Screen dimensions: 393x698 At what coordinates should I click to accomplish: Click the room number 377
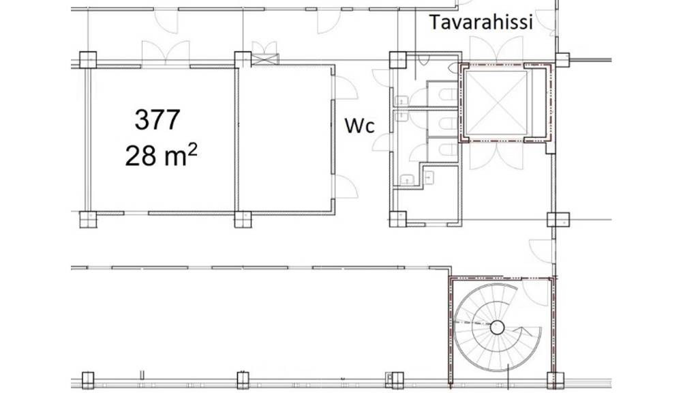(157, 120)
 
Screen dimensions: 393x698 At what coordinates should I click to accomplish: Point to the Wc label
(359, 126)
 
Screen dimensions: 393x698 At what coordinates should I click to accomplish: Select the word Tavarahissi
(481, 23)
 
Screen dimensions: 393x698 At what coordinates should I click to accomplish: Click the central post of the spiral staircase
(498, 327)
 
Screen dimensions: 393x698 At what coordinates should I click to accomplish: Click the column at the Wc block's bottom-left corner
(397, 219)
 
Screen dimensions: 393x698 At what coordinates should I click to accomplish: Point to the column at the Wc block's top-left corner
(397, 59)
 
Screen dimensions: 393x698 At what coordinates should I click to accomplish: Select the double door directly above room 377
(165, 52)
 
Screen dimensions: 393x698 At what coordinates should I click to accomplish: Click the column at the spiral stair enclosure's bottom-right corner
(555, 378)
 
